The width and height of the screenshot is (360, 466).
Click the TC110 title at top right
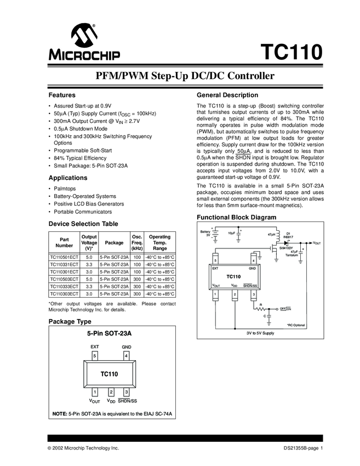[x=288, y=53]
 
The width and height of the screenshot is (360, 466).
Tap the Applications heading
[x=68, y=178]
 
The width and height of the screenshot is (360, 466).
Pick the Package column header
[x=114, y=242]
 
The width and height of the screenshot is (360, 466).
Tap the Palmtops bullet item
[x=65, y=188]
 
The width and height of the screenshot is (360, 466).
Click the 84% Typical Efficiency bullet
[x=79, y=158]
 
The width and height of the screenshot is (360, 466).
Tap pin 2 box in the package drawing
[x=111, y=392]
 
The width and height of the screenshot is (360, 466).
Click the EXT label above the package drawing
[x=95, y=347]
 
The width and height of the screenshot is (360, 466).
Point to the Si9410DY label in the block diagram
[x=287, y=248]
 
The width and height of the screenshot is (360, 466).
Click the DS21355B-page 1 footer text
[x=300, y=448]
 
